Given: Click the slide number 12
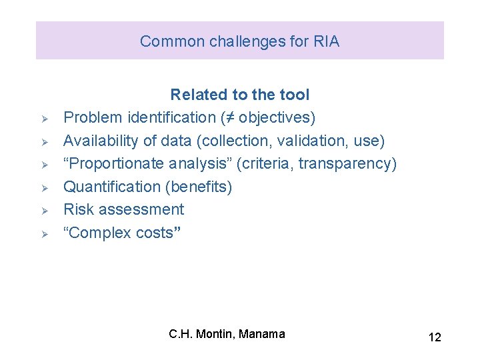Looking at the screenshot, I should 434,337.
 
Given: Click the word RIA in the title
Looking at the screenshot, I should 325,41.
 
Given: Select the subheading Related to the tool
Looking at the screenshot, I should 240,95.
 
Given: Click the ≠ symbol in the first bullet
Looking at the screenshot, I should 229,118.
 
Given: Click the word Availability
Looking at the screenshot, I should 101,141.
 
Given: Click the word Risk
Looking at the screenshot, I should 77,209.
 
